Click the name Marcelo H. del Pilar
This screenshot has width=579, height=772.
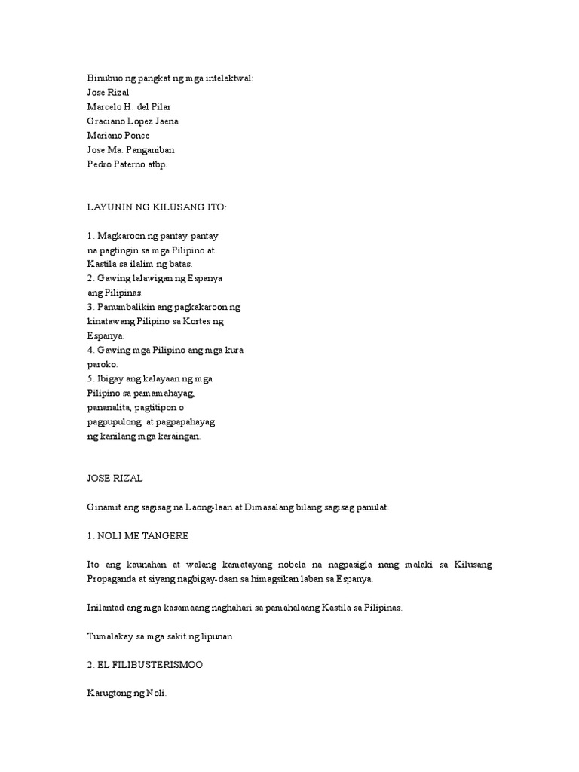(129, 106)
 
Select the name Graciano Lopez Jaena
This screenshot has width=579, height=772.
(133, 121)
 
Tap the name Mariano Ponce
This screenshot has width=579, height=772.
(118, 135)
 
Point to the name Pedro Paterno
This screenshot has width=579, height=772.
(118, 164)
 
